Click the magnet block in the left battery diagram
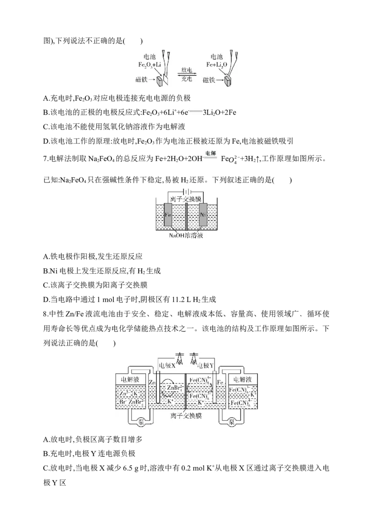161,81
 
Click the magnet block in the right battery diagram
228,81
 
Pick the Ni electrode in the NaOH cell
203,216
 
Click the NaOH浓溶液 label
187,236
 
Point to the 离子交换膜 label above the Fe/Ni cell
186,199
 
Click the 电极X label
167,366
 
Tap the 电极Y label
206,366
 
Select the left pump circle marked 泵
142,422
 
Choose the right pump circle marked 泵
231,422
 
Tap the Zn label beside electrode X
152,382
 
